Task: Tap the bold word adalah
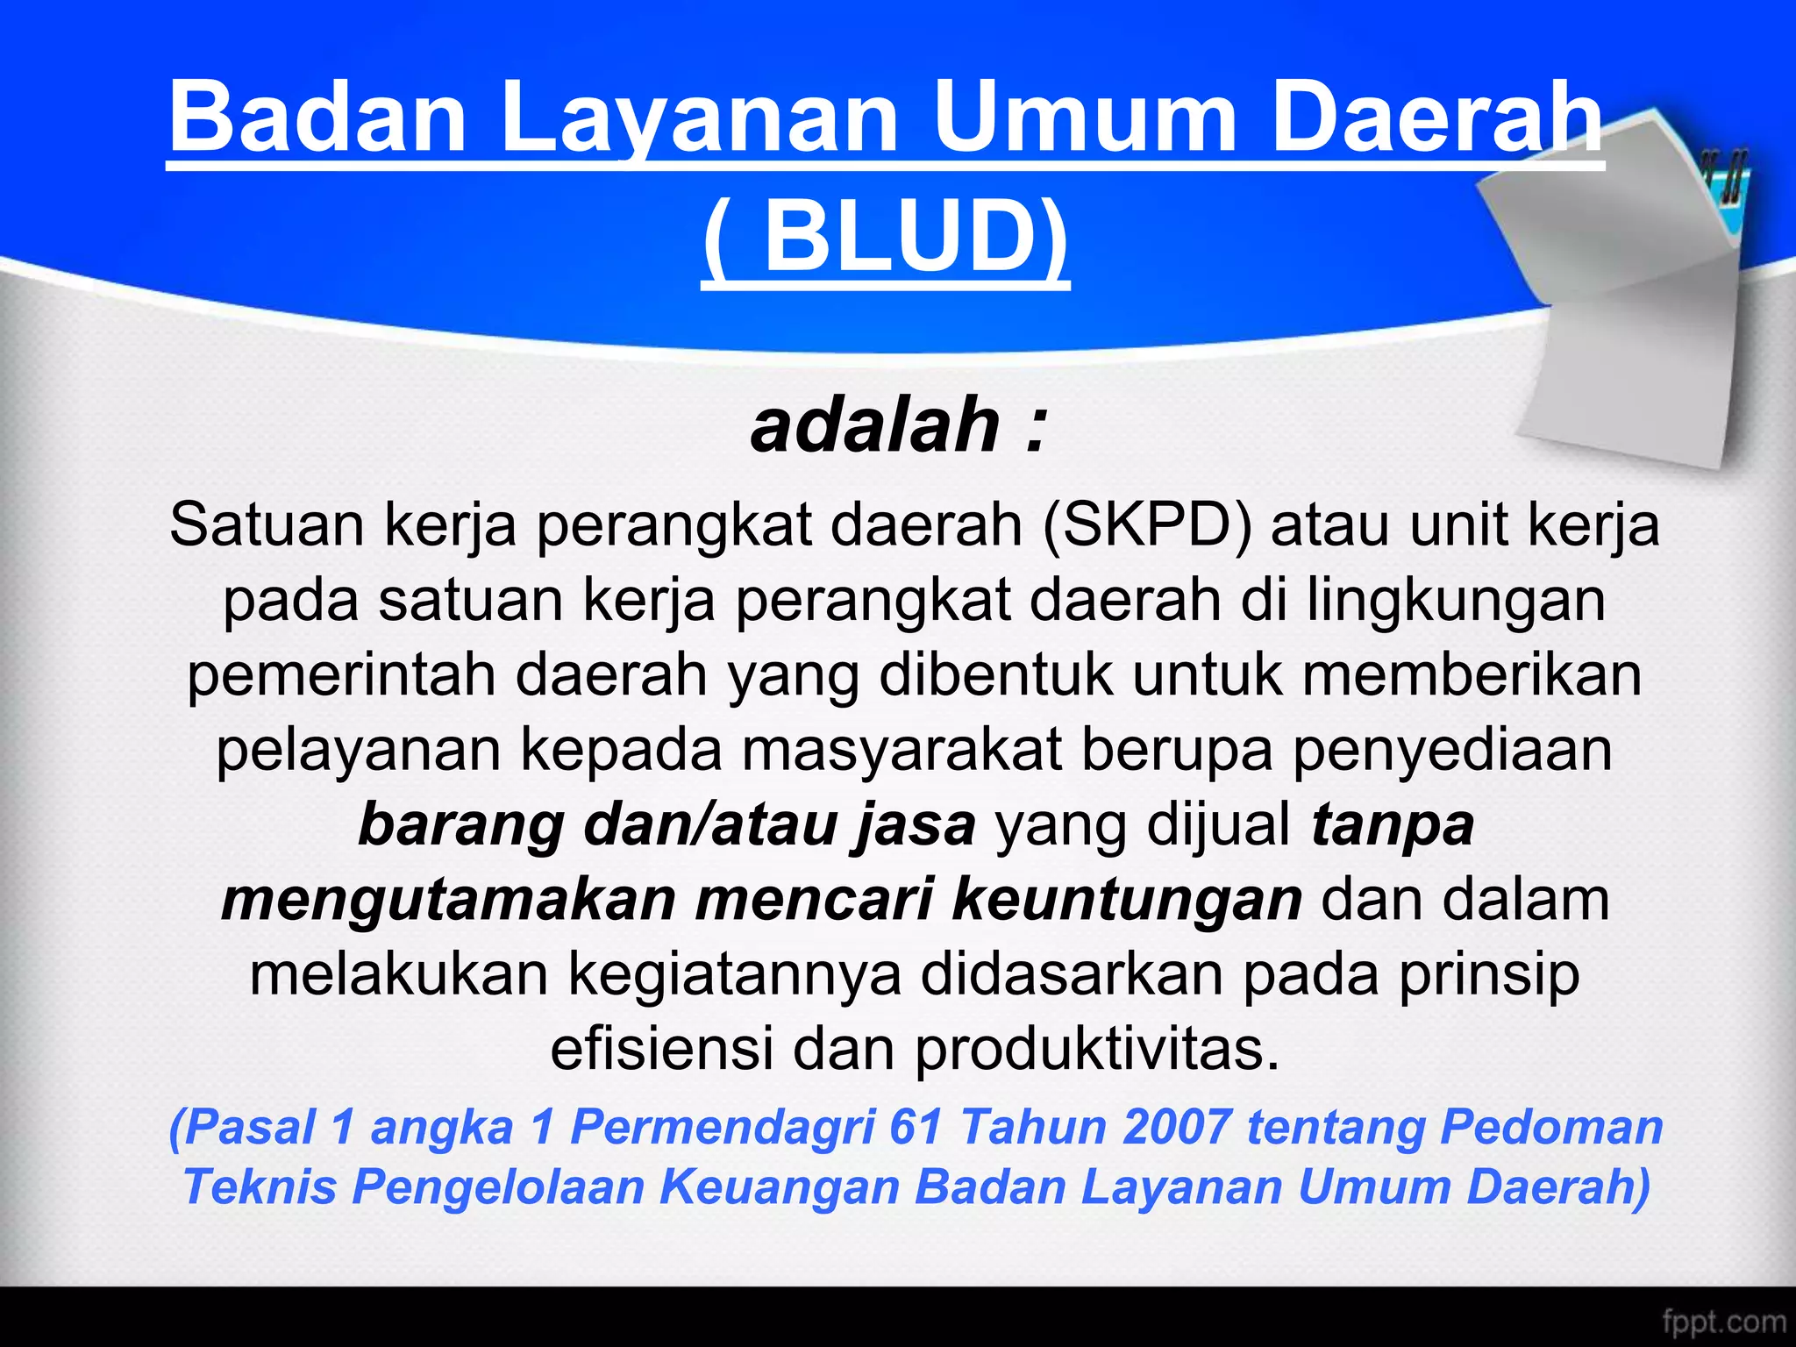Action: [875, 425]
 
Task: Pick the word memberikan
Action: [1472, 676]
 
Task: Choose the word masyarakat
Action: [902, 751]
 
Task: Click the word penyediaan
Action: [1452, 751]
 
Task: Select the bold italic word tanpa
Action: [1393, 826]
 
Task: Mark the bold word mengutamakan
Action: [448, 901]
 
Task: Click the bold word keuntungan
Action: [1127, 901]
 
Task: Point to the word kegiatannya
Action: [734, 975]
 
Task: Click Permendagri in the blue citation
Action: [723, 1128]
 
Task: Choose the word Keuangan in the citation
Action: [780, 1187]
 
